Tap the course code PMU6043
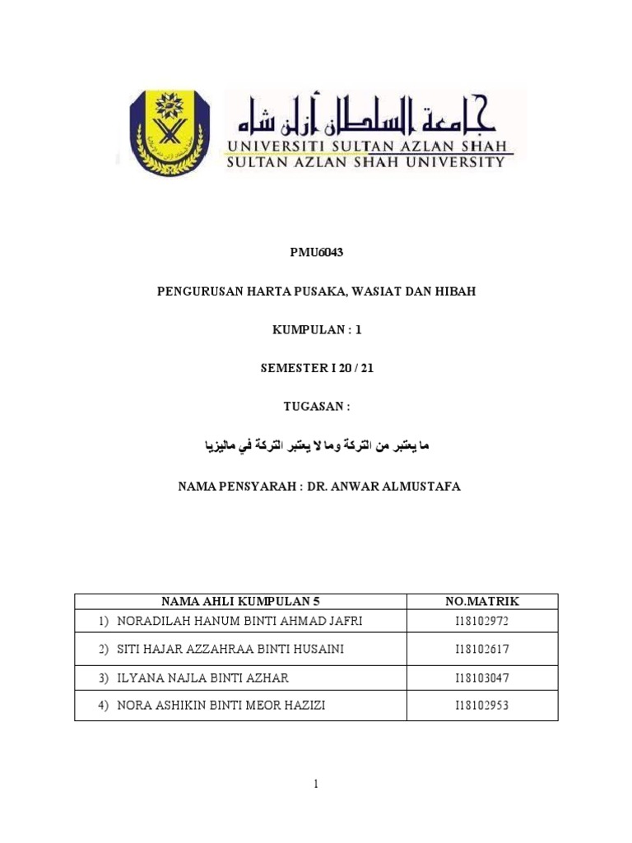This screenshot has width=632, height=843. pyautogui.click(x=316, y=253)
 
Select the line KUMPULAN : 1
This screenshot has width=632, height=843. pyautogui.click(x=316, y=330)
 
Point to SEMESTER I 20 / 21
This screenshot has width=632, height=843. pyautogui.click(x=316, y=369)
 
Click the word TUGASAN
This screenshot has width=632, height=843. pyautogui.click(x=313, y=408)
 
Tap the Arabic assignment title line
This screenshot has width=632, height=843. pyautogui.click(x=317, y=446)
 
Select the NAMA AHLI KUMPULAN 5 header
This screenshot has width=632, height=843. pyautogui.click(x=239, y=602)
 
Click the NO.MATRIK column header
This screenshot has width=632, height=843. pyautogui.click(x=482, y=602)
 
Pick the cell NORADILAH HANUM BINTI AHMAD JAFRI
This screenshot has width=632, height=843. pyautogui.click(x=239, y=621)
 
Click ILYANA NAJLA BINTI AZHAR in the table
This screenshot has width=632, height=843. pyautogui.click(x=203, y=678)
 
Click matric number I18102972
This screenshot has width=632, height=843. pyautogui.click(x=482, y=621)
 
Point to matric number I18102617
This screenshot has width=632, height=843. pyautogui.click(x=482, y=650)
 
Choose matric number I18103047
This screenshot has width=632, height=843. pyautogui.click(x=482, y=678)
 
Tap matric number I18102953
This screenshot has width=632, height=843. pyautogui.click(x=482, y=706)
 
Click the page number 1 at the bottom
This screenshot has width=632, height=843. pyautogui.click(x=315, y=785)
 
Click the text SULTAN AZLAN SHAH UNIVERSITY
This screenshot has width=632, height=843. pyautogui.click(x=365, y=162)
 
